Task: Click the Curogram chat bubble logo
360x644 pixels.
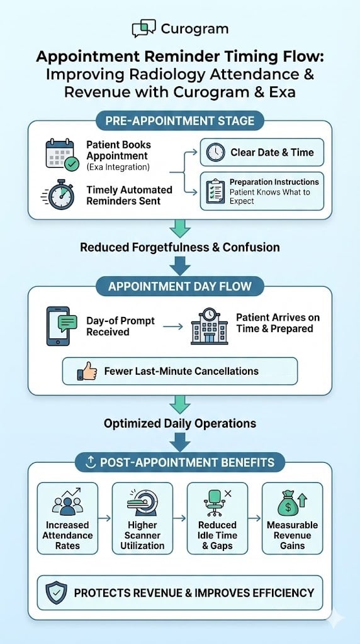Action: (x=143, y=29)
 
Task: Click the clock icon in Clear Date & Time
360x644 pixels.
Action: (x=216, y=152)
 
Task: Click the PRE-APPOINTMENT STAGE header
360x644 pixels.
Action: (x=180, y=121)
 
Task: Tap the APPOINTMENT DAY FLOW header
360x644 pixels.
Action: (x=180, y=287)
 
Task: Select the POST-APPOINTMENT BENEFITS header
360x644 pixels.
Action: (x=180, y=463)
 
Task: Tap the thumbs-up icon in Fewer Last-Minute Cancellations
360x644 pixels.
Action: (x=87, y=371)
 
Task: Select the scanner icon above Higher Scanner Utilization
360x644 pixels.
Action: (x=142, y=503)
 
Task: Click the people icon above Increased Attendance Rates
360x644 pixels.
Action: (x=67, y=503)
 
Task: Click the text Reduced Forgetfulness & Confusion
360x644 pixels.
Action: (x=180, y=247)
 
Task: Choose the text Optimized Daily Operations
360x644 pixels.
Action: (x=180, y=423)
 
